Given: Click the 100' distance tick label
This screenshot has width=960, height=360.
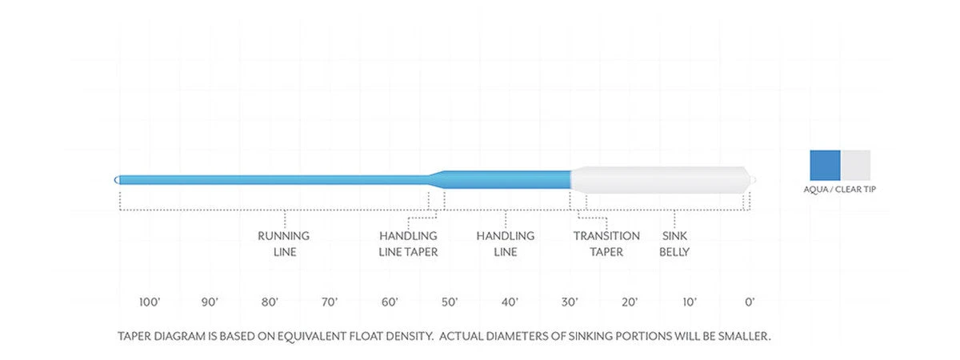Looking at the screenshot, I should (150, 302).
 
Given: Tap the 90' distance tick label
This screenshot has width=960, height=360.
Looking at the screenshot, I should (210, 302).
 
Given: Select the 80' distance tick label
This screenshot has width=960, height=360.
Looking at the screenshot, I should (270, 302).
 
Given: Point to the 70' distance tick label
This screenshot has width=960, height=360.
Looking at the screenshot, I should (330, 302).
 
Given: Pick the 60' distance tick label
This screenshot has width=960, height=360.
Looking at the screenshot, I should (390, 302).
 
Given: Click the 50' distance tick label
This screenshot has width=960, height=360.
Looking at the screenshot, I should (450, 302).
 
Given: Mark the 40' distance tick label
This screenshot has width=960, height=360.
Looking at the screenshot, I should (510, 302).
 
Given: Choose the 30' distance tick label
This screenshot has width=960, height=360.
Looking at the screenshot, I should (570, 302).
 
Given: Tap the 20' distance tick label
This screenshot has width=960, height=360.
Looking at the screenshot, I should (630, 302).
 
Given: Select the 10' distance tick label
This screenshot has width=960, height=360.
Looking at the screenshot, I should (690, 302).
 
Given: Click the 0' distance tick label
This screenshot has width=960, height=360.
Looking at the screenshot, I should (750, 302).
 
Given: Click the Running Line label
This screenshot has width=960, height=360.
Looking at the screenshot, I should (283, 244).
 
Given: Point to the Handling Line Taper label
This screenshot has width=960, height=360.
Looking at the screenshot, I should (408, 244).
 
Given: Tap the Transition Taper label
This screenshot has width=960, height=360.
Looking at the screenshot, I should (606, 244).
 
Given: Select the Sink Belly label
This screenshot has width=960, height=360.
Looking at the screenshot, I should (674, 244).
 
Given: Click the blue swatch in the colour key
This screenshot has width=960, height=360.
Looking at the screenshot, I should (825, 164).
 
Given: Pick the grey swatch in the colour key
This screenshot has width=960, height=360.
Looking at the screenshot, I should (855, 164).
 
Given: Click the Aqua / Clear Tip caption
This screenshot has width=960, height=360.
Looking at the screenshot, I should (840, 190).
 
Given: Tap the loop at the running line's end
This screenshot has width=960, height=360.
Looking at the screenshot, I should (118, 179).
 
